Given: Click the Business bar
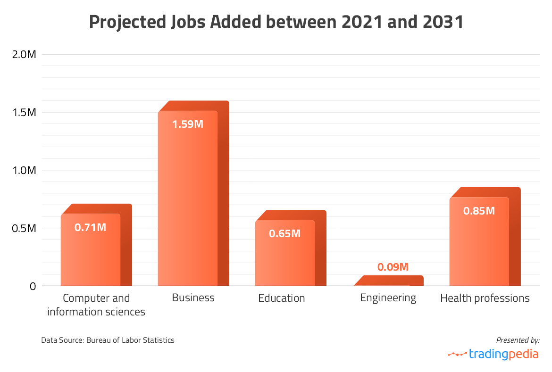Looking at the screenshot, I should coord(188,198).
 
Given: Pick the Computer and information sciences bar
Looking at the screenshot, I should coord(91,250).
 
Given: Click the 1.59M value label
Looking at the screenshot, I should coord(187,125).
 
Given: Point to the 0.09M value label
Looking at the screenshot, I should coord(393,267).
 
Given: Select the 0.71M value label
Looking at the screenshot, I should coord(91,228).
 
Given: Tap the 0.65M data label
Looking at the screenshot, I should coord(284,233).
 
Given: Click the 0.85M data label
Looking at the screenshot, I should coord(479,211).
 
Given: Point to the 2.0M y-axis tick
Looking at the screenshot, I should coord(24,54).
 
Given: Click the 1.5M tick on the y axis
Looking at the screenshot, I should coord(24,112).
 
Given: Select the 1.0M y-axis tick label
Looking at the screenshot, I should coord(24,170).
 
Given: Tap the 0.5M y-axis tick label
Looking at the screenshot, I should coord(24,228).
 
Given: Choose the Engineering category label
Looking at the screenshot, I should coord(388,298).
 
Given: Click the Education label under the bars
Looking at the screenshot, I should coord(282,298).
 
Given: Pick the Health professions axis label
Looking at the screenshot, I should coord(485,298).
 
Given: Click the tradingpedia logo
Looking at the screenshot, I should coord(493,354).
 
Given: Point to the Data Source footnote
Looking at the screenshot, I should coord(108,340).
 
